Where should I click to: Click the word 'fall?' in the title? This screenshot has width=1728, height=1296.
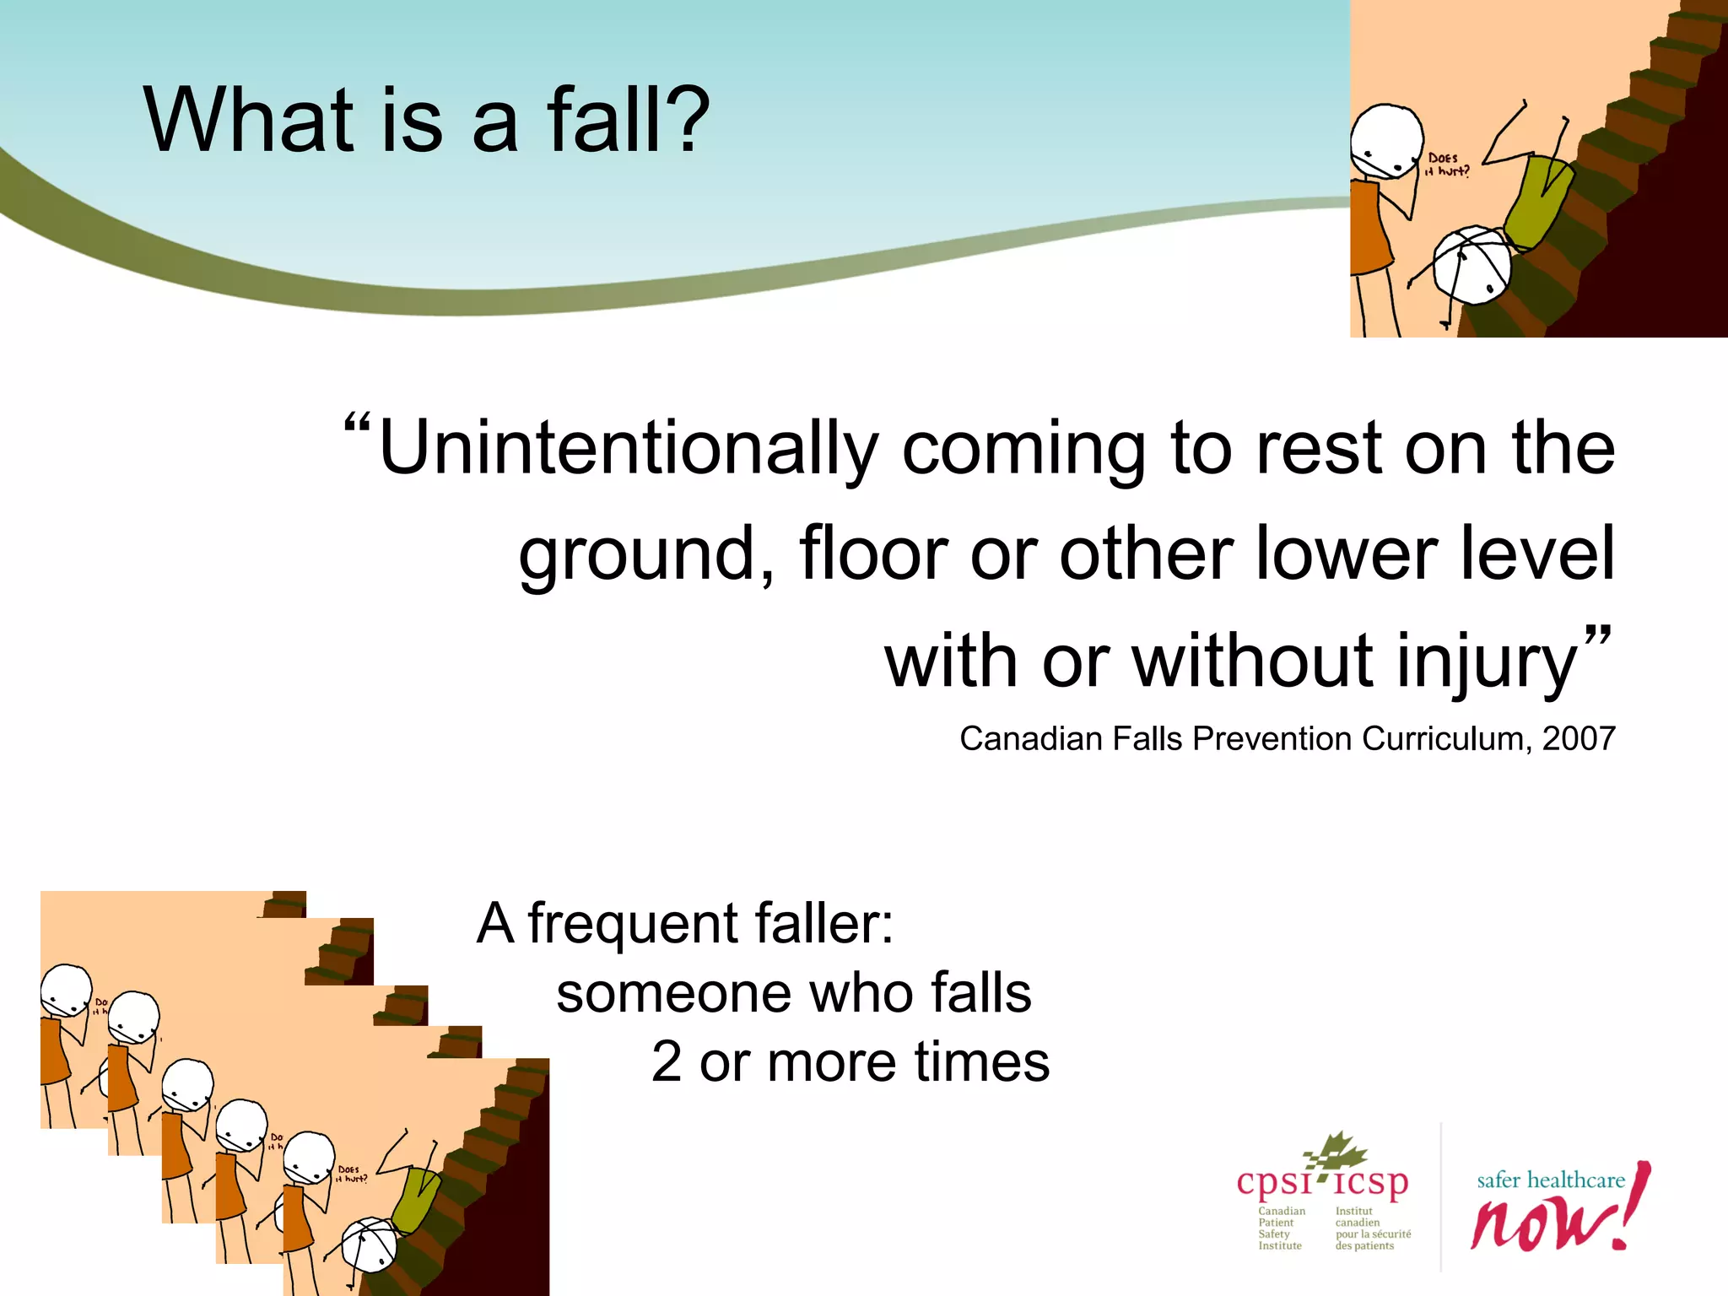[x=629, y=120]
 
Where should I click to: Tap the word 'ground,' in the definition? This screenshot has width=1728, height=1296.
[x=646, y=555]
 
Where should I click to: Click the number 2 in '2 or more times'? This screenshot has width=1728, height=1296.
[x=667, y=1061]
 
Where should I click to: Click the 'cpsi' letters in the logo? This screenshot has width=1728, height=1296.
[x=1274, y=1183]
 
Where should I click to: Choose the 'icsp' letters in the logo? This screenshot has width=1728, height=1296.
[x=1371, y=1183]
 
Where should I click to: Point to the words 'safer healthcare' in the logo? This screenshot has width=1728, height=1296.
[x=1550, y=1180]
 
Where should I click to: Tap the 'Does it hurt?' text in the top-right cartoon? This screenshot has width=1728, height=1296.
[x=1447, y=165]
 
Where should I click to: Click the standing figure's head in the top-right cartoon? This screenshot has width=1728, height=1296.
[x=1386, y=141]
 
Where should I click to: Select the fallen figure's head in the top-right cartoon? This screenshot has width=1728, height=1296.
[x=1472, y=264]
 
